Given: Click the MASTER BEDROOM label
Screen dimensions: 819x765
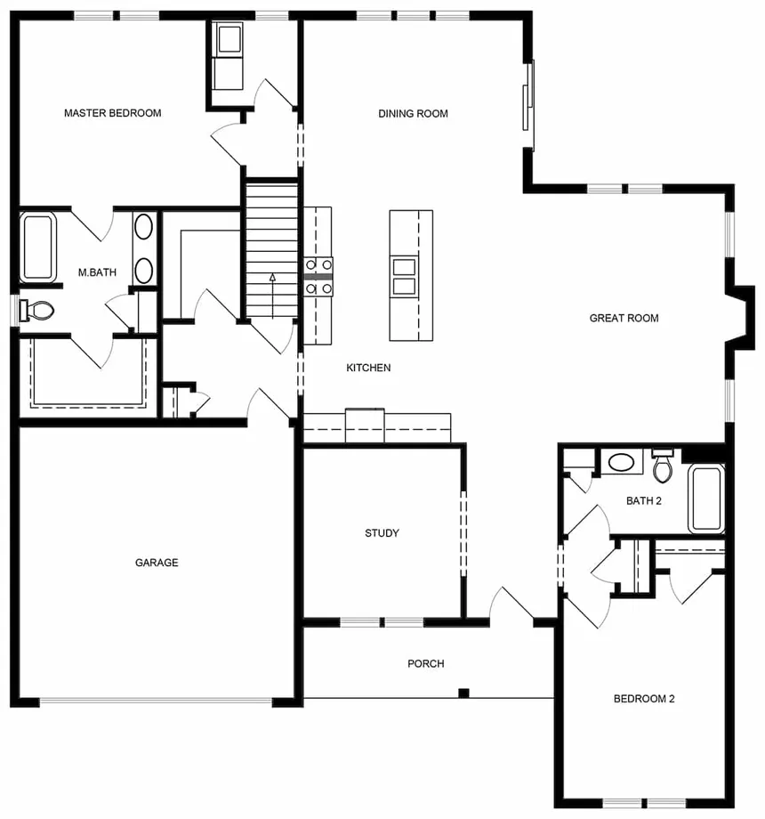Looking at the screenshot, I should click(x=112, y=113).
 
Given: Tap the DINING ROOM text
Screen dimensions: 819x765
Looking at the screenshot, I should click(x=413, y=113).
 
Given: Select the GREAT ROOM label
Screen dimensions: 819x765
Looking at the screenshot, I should click(x=624, y=318).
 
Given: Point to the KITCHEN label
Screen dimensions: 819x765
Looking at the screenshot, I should click(x=368, y=368).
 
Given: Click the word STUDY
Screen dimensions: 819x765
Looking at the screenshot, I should click(x=382, y=533).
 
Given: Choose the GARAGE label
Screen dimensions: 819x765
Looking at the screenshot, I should click(x=157, y=563).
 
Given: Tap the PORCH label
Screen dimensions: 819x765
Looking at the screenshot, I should click(x=425, y=663).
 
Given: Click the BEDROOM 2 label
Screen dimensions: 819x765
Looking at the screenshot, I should click(x=644, y=699).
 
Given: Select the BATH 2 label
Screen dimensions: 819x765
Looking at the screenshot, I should click(x=644, y=500).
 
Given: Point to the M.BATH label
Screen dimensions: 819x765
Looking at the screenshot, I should click(x=97, y=272).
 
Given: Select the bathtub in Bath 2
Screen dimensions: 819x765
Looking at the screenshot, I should click(x=706, y=499).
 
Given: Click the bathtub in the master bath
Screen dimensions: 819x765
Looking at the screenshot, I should click(x=38, y=248).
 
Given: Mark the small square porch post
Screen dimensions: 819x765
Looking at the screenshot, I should click(x=463, y=693).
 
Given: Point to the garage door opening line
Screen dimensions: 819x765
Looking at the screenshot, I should click(x=157, y=701).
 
